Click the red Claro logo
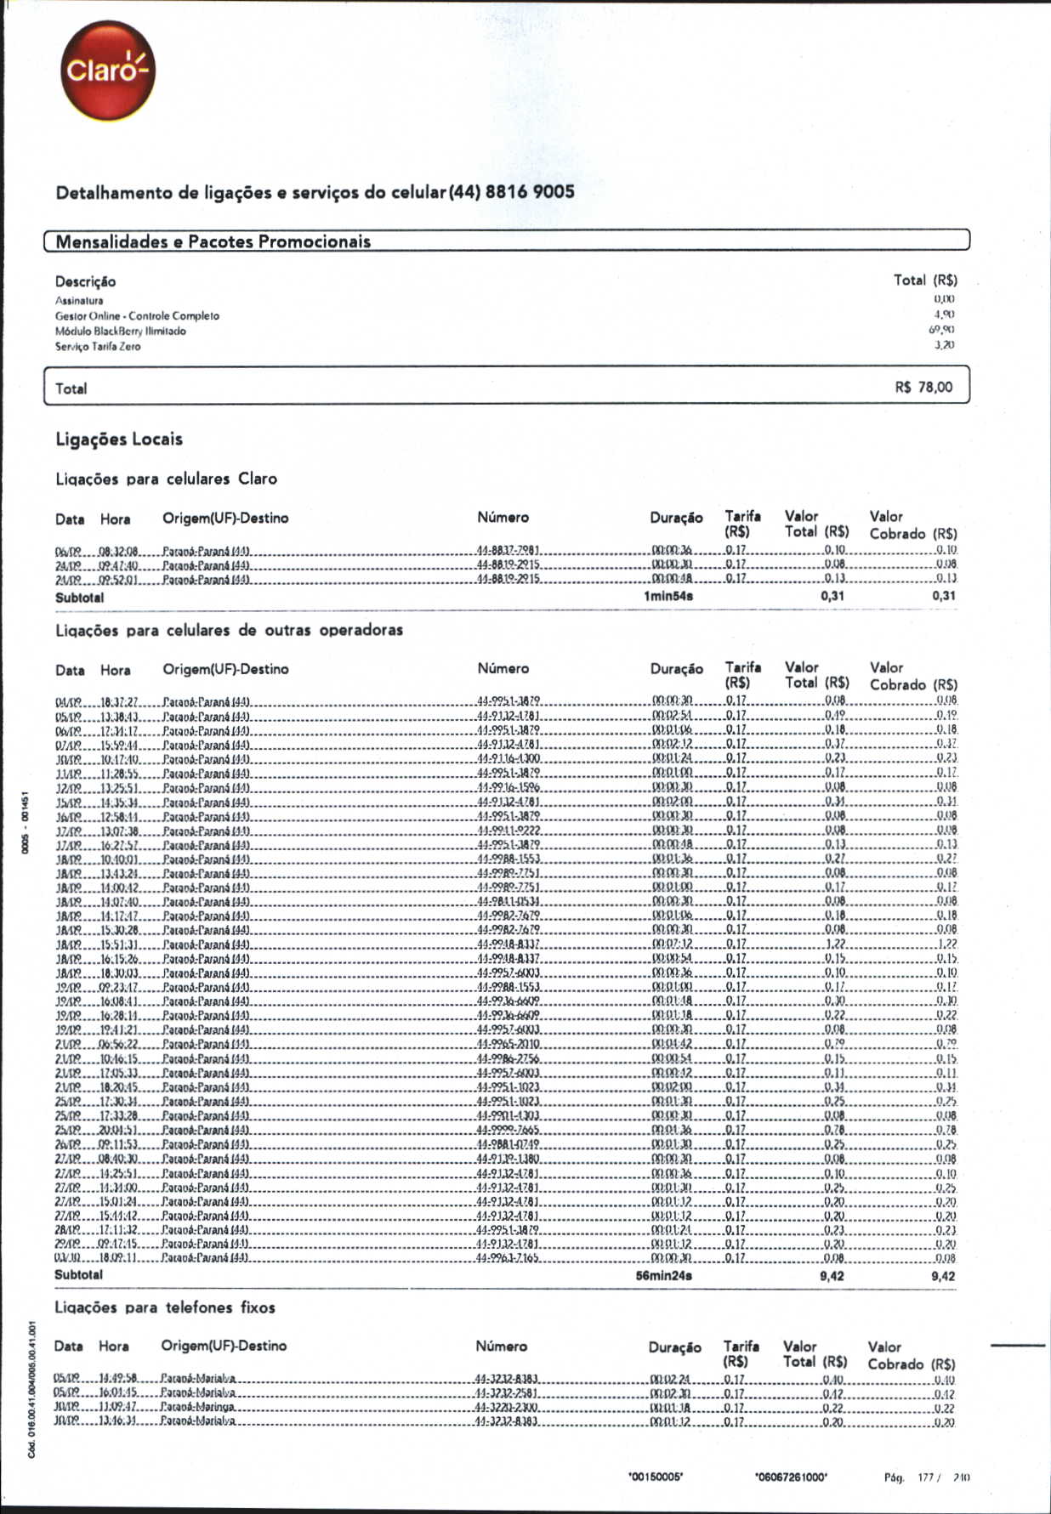click(x=107, y=71)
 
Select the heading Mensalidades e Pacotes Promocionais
click(x=213, y=241)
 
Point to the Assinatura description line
click(x=79, y=301)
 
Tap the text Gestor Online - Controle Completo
click(x=137, y=316)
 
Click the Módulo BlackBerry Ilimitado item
click(x=121, y=332)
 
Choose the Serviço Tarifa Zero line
click(x=99, y=347)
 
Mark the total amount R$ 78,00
click(x=923, y=388)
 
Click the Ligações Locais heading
click(x=119, y=439)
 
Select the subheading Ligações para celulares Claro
click(x=166, y=479)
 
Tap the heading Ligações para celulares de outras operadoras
click(x=229, y=630)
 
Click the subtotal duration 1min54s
click(x=668, y=597)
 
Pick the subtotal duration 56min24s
click(x=664, y=1276)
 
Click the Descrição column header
click(x=85, y=281)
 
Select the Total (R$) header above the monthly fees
click(x=925, y=280)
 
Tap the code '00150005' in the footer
click(x=655, y=1477)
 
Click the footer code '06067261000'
click(x=791, y=1477)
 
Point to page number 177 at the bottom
click(x=925, y=1478)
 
